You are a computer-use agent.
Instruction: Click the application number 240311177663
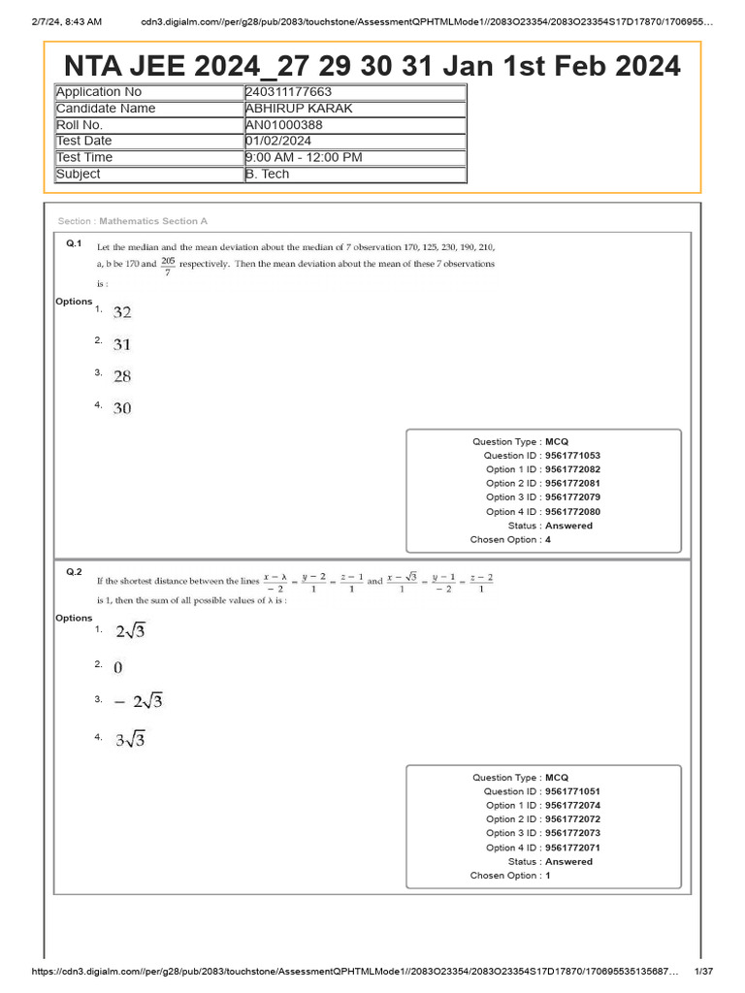pos(288,92)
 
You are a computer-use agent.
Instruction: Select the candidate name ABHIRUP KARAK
pos(299,109)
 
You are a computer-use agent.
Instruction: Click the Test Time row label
pos(84,157)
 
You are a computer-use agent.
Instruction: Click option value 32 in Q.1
pos(122,312)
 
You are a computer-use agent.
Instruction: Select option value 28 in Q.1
pos(122,376)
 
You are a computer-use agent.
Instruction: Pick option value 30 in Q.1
pos(122,408)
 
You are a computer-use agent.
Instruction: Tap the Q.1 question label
pos(74,243)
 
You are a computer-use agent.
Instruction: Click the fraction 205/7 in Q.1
pos(168,266)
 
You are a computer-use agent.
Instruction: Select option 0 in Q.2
pos(118,667)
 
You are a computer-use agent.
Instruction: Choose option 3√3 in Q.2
pos(131,741)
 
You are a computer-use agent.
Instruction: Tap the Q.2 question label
pos(74,572)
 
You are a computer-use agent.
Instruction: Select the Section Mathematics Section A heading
pos(133,222)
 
